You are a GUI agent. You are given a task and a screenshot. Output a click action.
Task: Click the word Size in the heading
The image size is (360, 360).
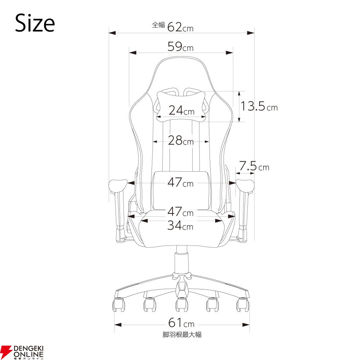[x=35, y=23]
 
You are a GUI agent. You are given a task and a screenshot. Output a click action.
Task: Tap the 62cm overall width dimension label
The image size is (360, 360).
[x=180, y=27]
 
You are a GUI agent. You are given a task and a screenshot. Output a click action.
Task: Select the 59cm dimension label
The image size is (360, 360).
[x=180, y=46]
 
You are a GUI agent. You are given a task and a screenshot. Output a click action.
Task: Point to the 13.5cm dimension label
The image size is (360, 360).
[x=259, y=106]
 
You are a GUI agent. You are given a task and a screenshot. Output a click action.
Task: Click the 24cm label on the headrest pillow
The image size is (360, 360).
[x=181, y=111]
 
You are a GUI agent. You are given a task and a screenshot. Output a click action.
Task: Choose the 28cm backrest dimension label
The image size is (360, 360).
[x=181, y=140]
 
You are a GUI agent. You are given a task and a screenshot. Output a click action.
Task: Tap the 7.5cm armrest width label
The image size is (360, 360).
[x=254, y=166]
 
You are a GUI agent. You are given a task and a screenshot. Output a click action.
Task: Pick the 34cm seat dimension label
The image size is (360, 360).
[x=180, y=225]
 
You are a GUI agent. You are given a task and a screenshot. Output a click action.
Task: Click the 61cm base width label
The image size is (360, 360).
[x=181, y=323]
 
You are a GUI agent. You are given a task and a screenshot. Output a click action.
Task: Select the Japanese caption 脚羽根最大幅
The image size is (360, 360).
[x=182, y=334]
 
